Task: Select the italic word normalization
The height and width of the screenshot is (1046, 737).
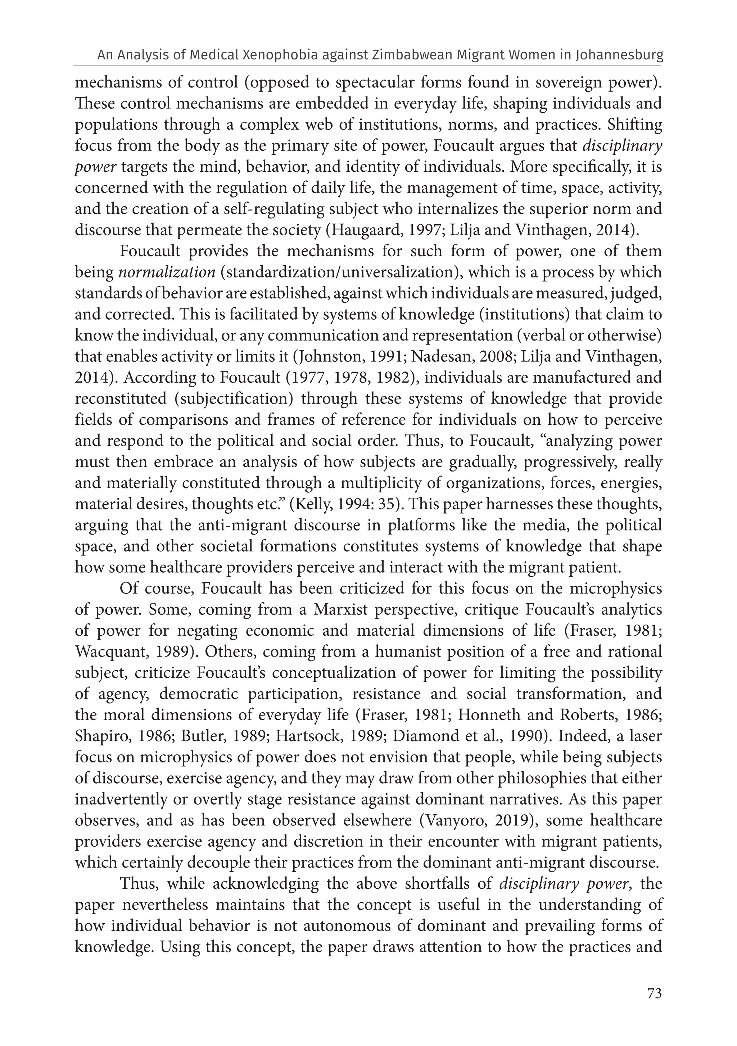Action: click(167, 272)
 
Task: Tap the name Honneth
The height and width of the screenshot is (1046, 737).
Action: click(489, 715)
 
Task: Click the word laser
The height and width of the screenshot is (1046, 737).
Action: click(644, 736)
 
